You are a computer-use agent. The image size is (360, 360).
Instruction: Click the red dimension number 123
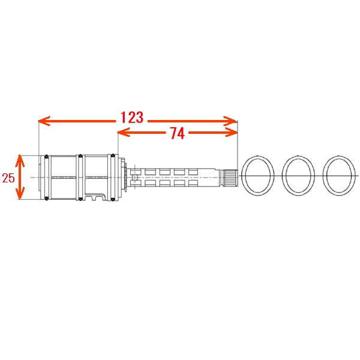(x=132, y=118)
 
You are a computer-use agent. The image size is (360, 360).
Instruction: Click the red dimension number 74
(x=177, y=133)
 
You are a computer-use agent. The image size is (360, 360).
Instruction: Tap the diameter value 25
(x=8, y=178)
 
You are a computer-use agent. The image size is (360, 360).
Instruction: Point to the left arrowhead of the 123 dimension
(x=44, y=121)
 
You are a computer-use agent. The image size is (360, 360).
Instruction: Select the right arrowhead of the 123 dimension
(x=230, y=121)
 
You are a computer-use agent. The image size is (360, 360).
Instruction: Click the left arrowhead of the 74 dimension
(x=124, y=132)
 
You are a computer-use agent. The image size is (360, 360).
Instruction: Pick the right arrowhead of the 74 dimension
(x=231, y=132)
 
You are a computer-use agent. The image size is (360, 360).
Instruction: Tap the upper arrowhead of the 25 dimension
(x=20, y=161)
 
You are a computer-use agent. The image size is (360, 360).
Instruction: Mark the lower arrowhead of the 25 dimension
(x=20, y=193)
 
